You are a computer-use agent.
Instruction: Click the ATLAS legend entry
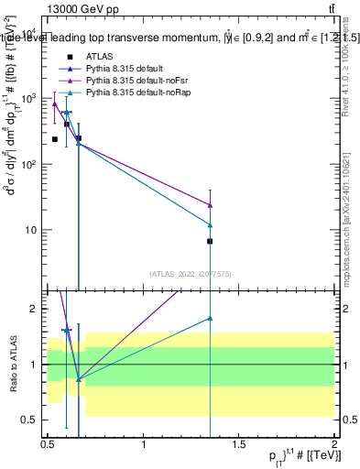point(98,57)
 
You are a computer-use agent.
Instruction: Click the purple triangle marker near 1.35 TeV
point(211,205)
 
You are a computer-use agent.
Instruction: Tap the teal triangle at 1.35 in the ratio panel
point(211,318)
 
